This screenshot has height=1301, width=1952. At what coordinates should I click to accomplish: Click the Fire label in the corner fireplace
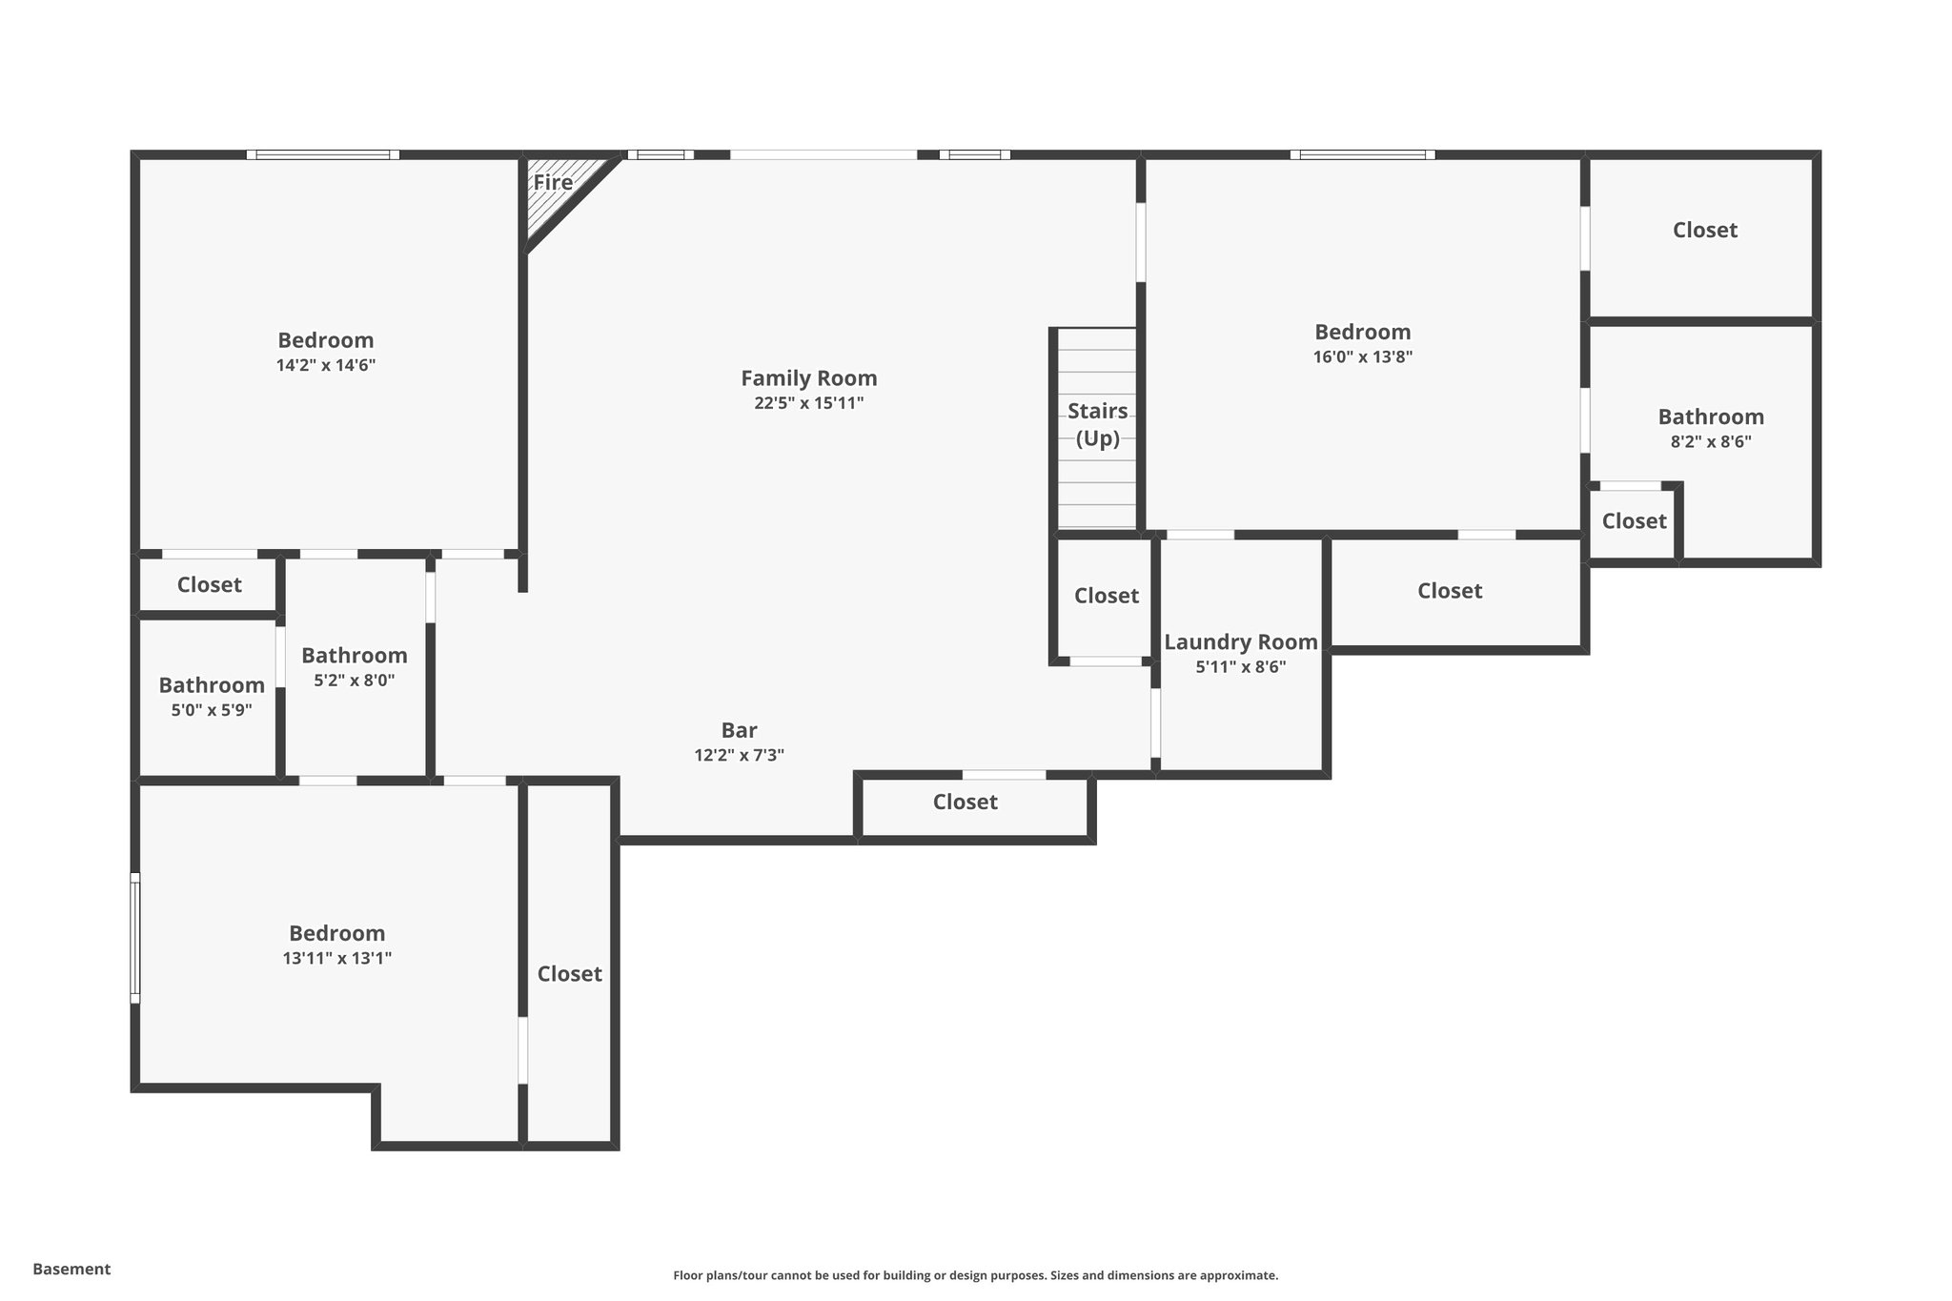coord(553,182)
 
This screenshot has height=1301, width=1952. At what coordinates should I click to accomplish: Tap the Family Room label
coord(808,378)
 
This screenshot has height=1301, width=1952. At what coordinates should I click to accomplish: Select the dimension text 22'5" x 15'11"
coord(808,403)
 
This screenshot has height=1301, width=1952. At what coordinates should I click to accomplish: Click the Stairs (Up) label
coord(1097,425)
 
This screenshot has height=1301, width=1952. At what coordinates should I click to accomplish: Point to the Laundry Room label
coord(1240,642)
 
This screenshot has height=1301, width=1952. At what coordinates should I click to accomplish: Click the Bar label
coord(739,730)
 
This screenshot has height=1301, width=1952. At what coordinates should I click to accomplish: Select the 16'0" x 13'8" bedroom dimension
coord(1362,357)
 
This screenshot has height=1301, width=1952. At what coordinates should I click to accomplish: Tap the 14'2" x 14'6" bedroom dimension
coord(325,365)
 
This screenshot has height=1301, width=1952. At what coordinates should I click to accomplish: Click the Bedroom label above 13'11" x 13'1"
coord(336,933)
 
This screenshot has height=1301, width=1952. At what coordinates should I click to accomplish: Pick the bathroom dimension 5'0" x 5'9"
coord(211,710)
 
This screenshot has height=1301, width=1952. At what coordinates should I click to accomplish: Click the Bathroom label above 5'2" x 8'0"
coord(354,656)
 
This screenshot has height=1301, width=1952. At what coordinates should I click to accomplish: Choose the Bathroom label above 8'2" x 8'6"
coord(1710,417)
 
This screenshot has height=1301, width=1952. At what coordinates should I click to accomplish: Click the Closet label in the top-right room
coord(1704,230)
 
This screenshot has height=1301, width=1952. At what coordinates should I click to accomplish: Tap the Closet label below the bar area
coord(965,803)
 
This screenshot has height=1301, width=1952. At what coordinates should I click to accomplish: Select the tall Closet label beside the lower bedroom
coord(569,974)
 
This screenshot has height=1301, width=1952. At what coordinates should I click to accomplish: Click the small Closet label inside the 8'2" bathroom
coord(1633,521)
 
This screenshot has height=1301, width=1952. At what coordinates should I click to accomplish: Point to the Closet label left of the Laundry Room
coord(1106,596)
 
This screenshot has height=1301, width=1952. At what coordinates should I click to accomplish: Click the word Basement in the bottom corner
coord(71,1269)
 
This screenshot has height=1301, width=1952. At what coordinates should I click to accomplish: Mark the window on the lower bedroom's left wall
coord(135,938)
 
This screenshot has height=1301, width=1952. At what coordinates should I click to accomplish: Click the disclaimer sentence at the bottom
coord(975,1275)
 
